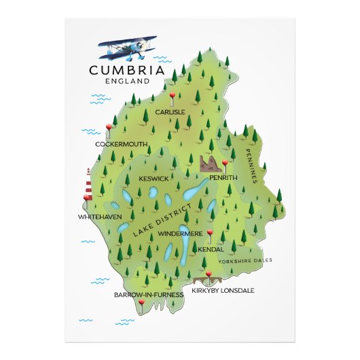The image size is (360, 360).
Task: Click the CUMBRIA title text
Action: click(128, 69)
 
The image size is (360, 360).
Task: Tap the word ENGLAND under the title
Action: click(128, 81)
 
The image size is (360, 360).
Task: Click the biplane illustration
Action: click(127, 48)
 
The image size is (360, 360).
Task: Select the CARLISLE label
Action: click(169, 112)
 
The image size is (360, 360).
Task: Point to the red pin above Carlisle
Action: click(173, 96)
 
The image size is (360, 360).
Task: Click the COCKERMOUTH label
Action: click(121, 144)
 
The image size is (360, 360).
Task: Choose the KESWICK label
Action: click(154, 179)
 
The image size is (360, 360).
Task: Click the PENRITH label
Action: click(223, 177)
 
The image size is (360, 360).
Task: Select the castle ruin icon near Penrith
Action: click(210, 163)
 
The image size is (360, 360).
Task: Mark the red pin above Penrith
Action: click(225, 164)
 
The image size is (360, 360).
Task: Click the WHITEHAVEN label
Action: click(99, 217)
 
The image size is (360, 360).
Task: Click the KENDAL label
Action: click(211, 249)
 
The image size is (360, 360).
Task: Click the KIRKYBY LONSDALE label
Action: click(223, 290)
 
